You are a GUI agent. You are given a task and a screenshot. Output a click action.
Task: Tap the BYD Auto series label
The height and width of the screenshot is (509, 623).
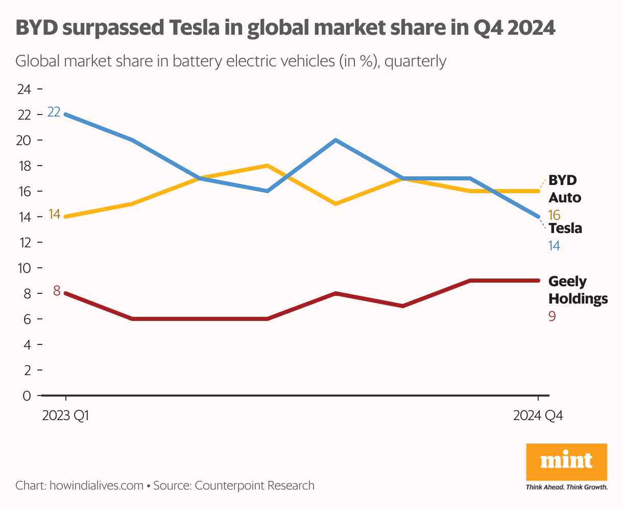point(564,189)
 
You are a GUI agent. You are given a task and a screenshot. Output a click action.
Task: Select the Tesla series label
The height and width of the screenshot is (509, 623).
point(565,228)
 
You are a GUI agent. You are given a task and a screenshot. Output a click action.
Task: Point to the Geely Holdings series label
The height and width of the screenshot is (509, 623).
point(578,290)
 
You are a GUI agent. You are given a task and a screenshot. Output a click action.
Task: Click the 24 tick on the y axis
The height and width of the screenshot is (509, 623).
point(24,89)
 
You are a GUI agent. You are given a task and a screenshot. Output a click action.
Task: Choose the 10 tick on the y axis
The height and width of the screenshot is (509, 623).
point(24,268)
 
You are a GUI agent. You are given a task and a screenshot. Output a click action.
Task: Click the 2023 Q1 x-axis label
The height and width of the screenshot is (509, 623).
point(65,415)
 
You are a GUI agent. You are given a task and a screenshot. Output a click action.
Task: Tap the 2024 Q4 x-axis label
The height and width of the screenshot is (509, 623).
point(538,415)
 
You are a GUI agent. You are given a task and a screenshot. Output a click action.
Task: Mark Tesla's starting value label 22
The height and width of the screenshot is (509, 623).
point(54,111)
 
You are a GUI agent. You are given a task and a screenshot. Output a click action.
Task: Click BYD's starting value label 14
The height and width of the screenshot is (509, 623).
point(54,214)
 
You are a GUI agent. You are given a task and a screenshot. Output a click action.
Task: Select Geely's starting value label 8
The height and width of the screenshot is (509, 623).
point(57,291)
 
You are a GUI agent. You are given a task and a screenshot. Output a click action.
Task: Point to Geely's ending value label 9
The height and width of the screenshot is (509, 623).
point(552,316)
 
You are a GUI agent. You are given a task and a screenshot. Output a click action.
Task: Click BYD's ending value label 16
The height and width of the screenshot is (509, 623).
point(554,215)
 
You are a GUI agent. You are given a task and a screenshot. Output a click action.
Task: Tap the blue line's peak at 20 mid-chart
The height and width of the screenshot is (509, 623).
point(335,140)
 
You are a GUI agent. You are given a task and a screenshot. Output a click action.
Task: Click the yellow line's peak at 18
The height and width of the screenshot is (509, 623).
point(267,166)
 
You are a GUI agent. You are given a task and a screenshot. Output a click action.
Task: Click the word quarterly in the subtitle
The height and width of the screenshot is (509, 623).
point(415,61)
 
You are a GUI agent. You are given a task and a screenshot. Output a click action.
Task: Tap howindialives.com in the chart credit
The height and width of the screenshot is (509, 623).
point(96,485)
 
